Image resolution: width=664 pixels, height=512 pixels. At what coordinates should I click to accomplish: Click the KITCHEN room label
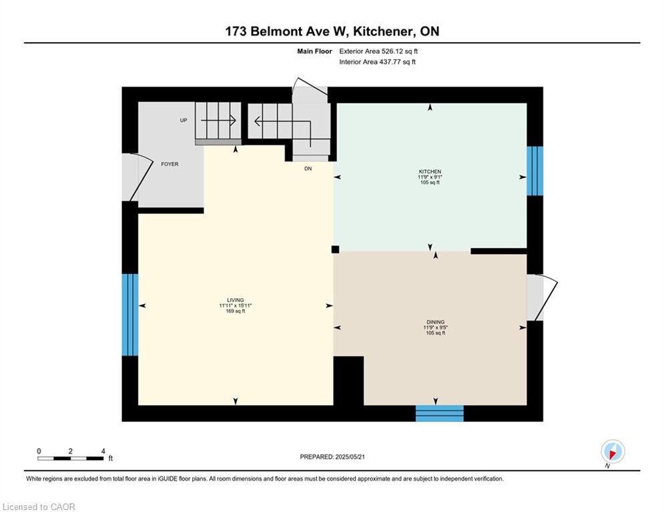pyautogui.click(x=430, y=171)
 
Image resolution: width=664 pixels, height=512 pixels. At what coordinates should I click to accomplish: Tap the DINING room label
pyautogui.click(x=436, y=322)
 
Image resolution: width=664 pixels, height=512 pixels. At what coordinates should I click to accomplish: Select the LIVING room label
pyautogui.click(x=236, y=300)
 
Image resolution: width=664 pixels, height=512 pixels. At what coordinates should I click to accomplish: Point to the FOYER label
pyautogui.click(x=170, y=164)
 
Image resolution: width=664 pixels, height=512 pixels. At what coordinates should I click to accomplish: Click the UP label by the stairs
pyautogui.click(x=184, y=120)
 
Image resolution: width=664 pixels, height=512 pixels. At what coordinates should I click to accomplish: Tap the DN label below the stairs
pyautogui.click(x=308, y=169)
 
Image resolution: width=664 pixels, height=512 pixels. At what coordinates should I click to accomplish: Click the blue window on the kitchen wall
pyautogui.click(x=535, y=171)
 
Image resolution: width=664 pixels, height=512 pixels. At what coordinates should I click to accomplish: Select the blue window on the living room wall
pyautogui.click(x=130, y=315)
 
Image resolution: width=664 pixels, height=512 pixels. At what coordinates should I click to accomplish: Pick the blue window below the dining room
pyautogui.click(x=440, y=413)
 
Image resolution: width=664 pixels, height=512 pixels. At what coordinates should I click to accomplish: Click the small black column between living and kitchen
pyautogui.click(x=335, y=249)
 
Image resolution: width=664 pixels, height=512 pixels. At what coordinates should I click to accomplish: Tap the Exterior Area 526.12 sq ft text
pyautogui.click(x=378, y=51)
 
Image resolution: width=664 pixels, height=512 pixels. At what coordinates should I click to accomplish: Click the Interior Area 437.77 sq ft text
pyautogui.click(x=377, y=62)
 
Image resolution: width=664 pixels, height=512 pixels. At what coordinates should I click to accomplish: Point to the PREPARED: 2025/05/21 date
pyautogui.click(x=332, y=457)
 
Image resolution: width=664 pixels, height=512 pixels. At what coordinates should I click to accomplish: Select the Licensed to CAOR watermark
pyautogui.click(x=39, y=507)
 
